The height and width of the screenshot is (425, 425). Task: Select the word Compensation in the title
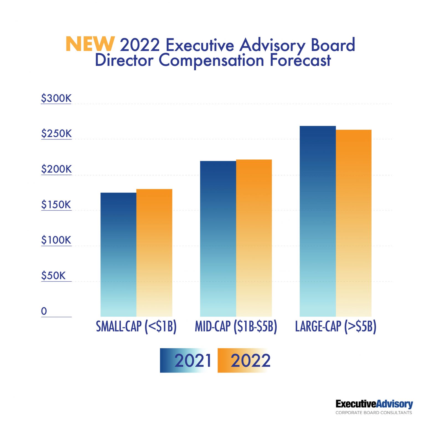211,60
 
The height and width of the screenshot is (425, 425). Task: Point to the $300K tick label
56,98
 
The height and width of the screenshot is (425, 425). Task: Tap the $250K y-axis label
56,134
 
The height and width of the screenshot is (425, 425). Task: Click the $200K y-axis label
56,169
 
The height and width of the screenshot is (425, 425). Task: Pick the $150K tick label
56,205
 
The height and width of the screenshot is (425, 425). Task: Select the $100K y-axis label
56,240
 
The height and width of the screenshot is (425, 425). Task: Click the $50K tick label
53,276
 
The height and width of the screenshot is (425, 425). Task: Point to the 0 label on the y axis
44,311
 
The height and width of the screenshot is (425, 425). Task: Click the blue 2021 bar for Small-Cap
118,255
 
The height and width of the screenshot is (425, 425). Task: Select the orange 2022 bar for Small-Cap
154,253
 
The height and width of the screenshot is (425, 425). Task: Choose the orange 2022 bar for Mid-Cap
254,238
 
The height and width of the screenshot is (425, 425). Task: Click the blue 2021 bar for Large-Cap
318,221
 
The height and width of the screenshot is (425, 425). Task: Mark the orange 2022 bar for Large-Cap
353,223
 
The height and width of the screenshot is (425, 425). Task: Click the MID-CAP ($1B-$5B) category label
236,326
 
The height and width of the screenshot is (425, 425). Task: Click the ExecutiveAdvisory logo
374,406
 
